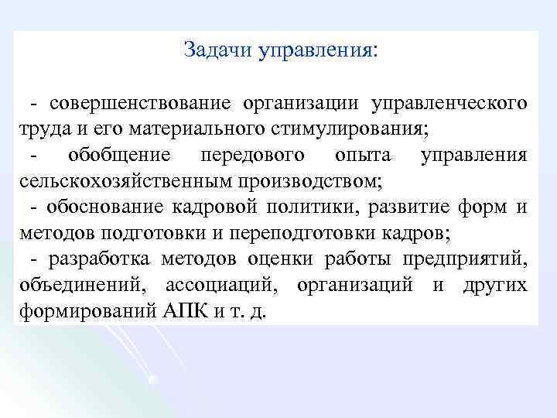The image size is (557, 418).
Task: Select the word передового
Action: pyautogui.click(x=251, y=155)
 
